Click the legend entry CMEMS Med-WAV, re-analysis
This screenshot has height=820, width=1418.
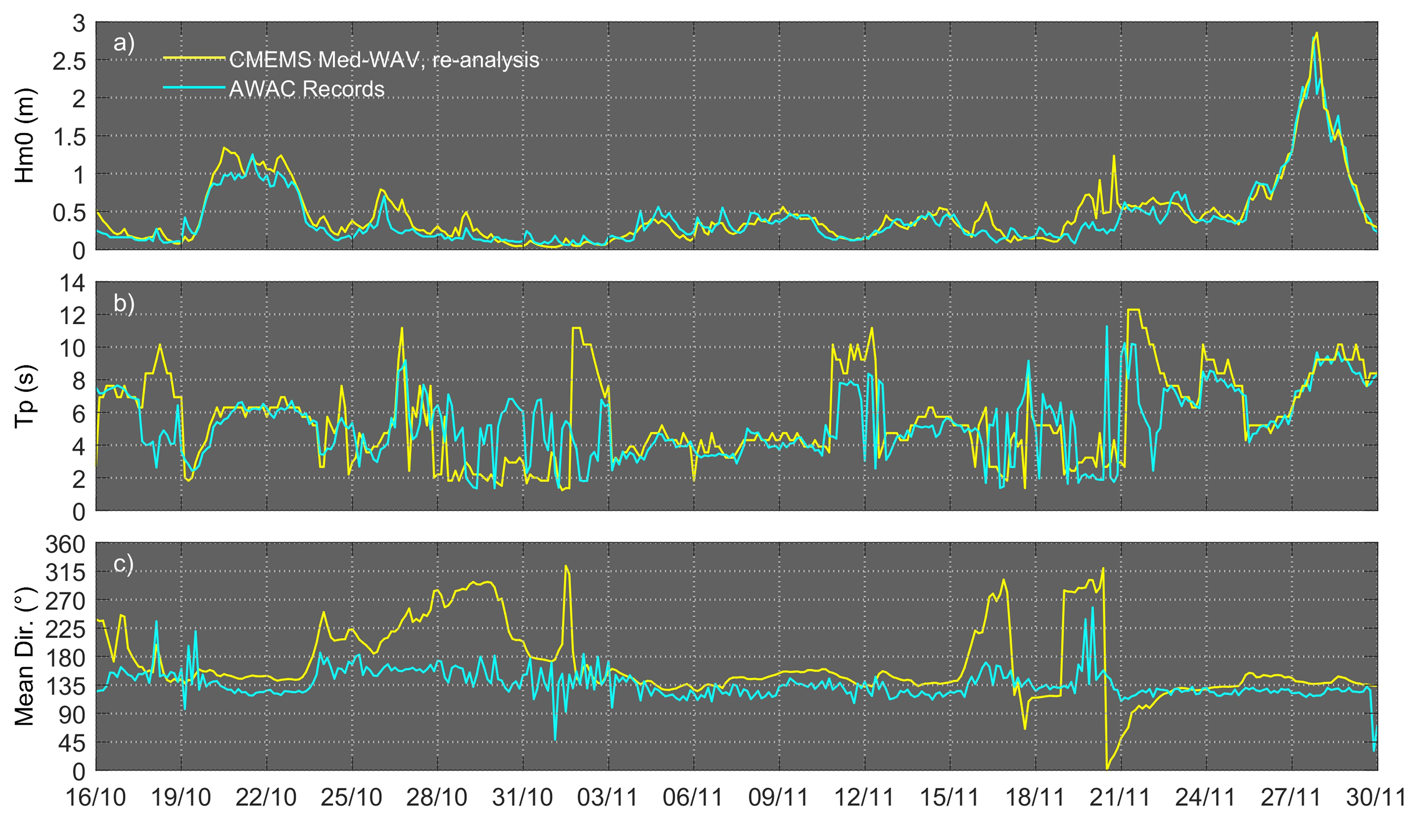pos(384,60)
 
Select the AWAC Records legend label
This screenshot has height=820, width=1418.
pos(307,89)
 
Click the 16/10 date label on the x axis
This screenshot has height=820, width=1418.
pos(96,797)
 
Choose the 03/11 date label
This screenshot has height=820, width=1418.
pos(608,797)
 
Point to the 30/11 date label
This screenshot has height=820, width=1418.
pos(1375,797)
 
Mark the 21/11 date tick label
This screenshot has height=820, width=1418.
pos(1120,797)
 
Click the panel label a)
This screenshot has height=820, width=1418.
pos(124,43)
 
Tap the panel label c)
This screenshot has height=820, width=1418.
pos(124,563)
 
